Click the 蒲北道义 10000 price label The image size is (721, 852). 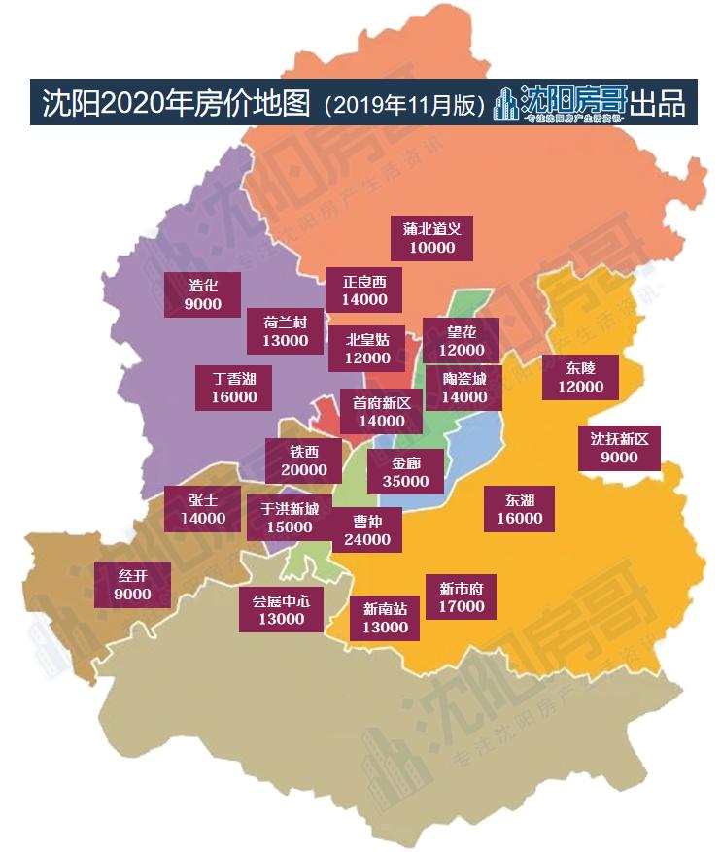(x=430, y=238)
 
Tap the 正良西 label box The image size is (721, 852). (x=363, y=290)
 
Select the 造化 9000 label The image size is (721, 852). (x=203, y=293)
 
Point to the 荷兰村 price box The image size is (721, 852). (x=285, y=330)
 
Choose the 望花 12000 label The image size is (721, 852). (x=461, y=340)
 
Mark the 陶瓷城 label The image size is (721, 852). (x=463, y=387)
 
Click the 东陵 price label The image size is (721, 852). (x=580, y=376)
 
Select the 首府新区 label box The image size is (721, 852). (x=381, y=411)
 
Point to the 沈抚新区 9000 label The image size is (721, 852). (x=619, y=448)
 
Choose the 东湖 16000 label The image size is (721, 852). (x=520, y=508)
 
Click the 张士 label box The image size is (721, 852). (x=202, y=508)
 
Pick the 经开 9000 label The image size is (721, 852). (x=132, y=584)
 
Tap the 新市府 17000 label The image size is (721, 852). (x=461, y=596)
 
